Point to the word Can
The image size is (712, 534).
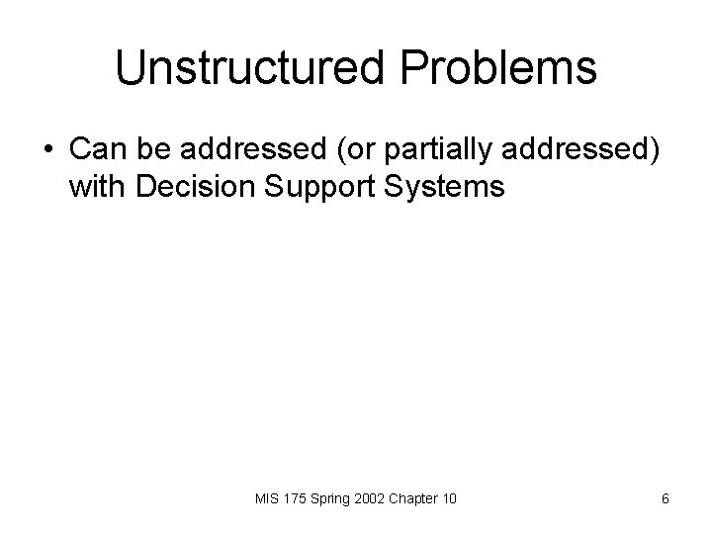click(96, 149)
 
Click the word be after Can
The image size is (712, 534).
click(153, 149)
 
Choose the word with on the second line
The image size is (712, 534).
click(97, 187)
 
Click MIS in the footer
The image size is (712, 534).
click(268, 499)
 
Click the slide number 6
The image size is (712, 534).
click(666, 499)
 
